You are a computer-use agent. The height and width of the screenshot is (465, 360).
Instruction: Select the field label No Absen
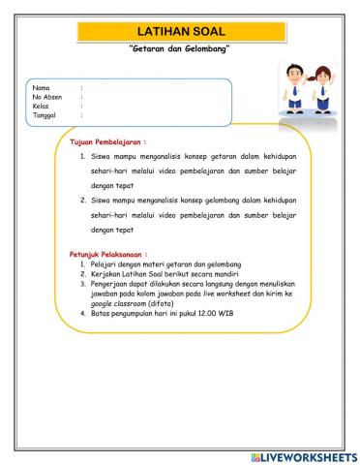pos(47,97)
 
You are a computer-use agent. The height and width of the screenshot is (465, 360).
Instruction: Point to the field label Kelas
pos(41,106)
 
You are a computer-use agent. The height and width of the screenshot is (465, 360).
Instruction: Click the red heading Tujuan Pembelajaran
pos(107,141)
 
